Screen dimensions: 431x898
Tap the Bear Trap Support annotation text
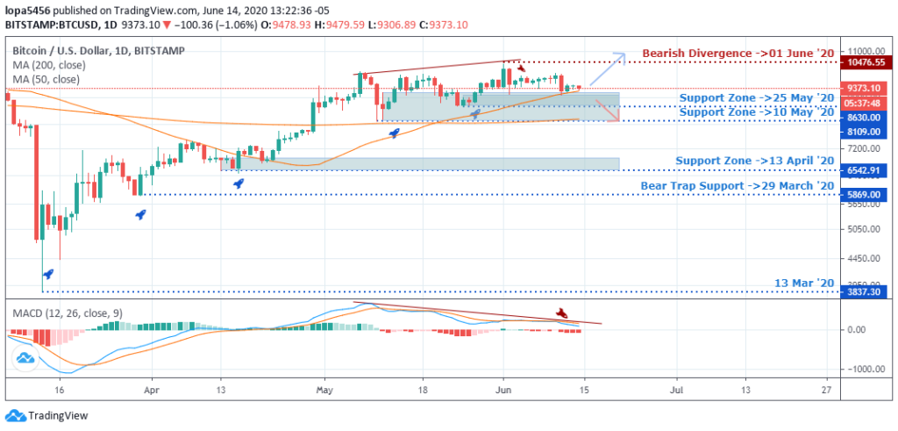pyautogui.click(x=737, y=185)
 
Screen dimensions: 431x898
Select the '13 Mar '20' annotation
pyautogui.click(x=803, y=283)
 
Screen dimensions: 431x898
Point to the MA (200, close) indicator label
pyautogui.click(x=46, y=65)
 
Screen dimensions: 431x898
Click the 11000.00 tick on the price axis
pyautogui.click(x=861, y=51)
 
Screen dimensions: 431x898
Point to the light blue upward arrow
pyautogui.click(x=607, y=68)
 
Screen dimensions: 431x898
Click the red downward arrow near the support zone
pyautogui.click(x=606, y=110)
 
